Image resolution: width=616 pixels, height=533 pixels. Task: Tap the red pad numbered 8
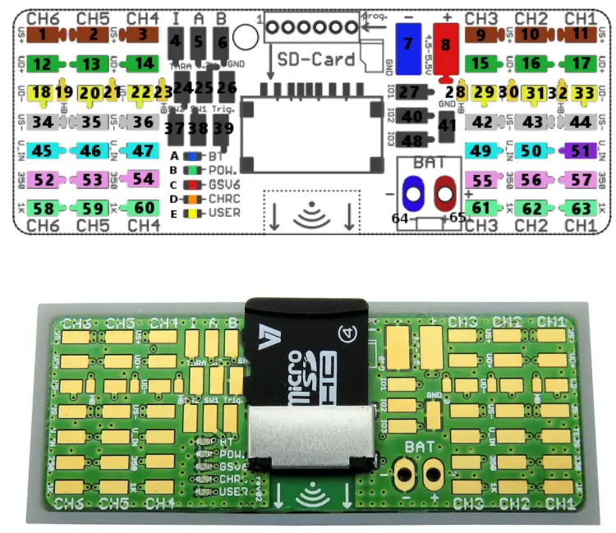point(445,46)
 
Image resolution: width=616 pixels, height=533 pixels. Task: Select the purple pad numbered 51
point(581,150)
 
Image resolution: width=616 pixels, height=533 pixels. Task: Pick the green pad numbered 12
point(43,63)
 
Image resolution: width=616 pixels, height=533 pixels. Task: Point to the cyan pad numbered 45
point(43,150)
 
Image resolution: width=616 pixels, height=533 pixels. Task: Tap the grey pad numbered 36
point(142,122)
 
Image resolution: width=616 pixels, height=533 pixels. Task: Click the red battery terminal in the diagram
point(445,194)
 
